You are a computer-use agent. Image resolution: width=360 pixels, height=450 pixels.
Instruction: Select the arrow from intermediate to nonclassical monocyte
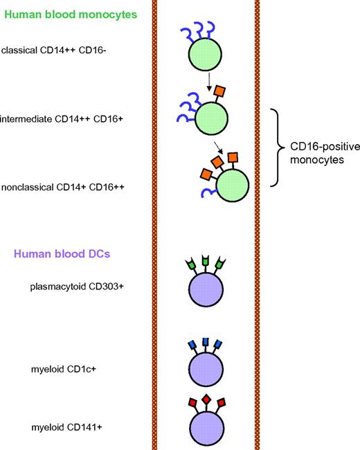(219, 146)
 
